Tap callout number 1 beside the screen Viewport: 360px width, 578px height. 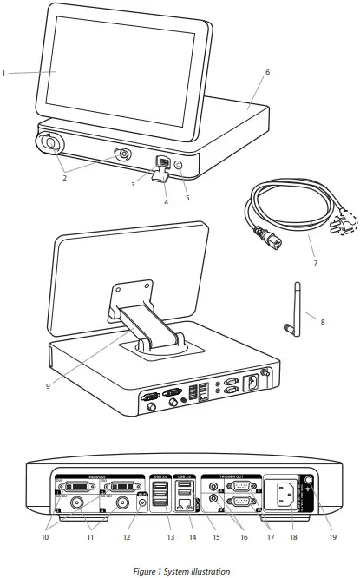(x=4, y=73)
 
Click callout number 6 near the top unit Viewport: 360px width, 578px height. (x=267, y=72)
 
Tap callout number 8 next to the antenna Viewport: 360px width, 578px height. (x=324, y=321)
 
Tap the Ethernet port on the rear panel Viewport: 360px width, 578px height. (x=184, y=500)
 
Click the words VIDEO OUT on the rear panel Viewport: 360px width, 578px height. (x=82, y=476)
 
